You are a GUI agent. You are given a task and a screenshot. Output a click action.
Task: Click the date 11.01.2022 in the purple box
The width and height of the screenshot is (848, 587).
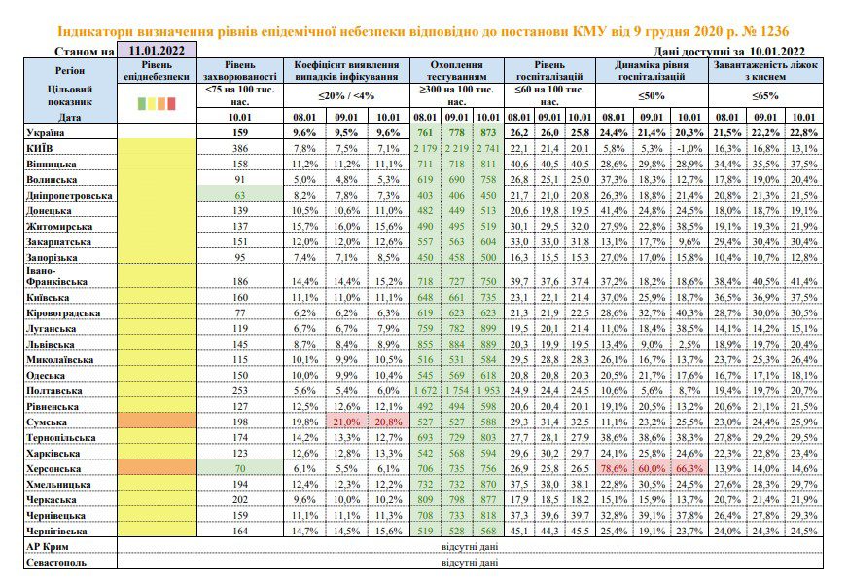coord(157,51)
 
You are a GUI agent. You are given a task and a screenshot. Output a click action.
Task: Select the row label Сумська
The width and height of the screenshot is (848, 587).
coord(47,422)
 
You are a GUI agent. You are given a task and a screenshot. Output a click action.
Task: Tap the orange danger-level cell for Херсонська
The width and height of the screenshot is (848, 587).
coord(157,468)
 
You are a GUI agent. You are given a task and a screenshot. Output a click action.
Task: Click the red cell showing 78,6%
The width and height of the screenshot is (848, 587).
coord(614,468)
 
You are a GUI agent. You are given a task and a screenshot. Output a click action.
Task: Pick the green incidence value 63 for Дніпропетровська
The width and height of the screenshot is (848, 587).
coord(240,195)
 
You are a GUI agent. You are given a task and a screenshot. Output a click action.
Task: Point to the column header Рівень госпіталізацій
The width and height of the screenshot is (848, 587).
coord(549,71)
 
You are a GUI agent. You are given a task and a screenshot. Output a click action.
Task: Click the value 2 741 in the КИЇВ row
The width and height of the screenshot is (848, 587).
coord(488,148)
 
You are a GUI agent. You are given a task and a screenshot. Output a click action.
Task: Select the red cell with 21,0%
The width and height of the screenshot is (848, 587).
coord(346,422)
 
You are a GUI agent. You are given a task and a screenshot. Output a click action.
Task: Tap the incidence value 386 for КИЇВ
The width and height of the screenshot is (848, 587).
coord(240,148)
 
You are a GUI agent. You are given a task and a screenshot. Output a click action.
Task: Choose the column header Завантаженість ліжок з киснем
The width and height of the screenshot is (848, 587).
coord(765,71)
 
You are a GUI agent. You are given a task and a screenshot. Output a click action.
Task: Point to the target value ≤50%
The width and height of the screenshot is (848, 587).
coord(652,95)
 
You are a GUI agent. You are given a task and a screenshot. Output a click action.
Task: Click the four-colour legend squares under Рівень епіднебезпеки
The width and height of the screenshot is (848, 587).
coord(157,103)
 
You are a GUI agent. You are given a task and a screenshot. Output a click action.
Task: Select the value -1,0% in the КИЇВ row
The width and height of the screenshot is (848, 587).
coord(689,148)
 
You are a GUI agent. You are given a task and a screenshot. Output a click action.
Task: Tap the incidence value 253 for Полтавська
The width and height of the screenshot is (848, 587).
coord(240,391)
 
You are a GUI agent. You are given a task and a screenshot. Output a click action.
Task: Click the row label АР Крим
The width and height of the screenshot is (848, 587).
coord(48,547)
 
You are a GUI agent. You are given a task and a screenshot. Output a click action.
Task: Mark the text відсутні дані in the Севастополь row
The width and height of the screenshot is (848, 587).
coord(470,563)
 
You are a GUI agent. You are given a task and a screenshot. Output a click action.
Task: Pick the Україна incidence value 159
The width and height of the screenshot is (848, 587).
coord(240,132)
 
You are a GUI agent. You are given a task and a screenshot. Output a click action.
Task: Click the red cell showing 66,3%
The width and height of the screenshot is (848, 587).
coord(689,468)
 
